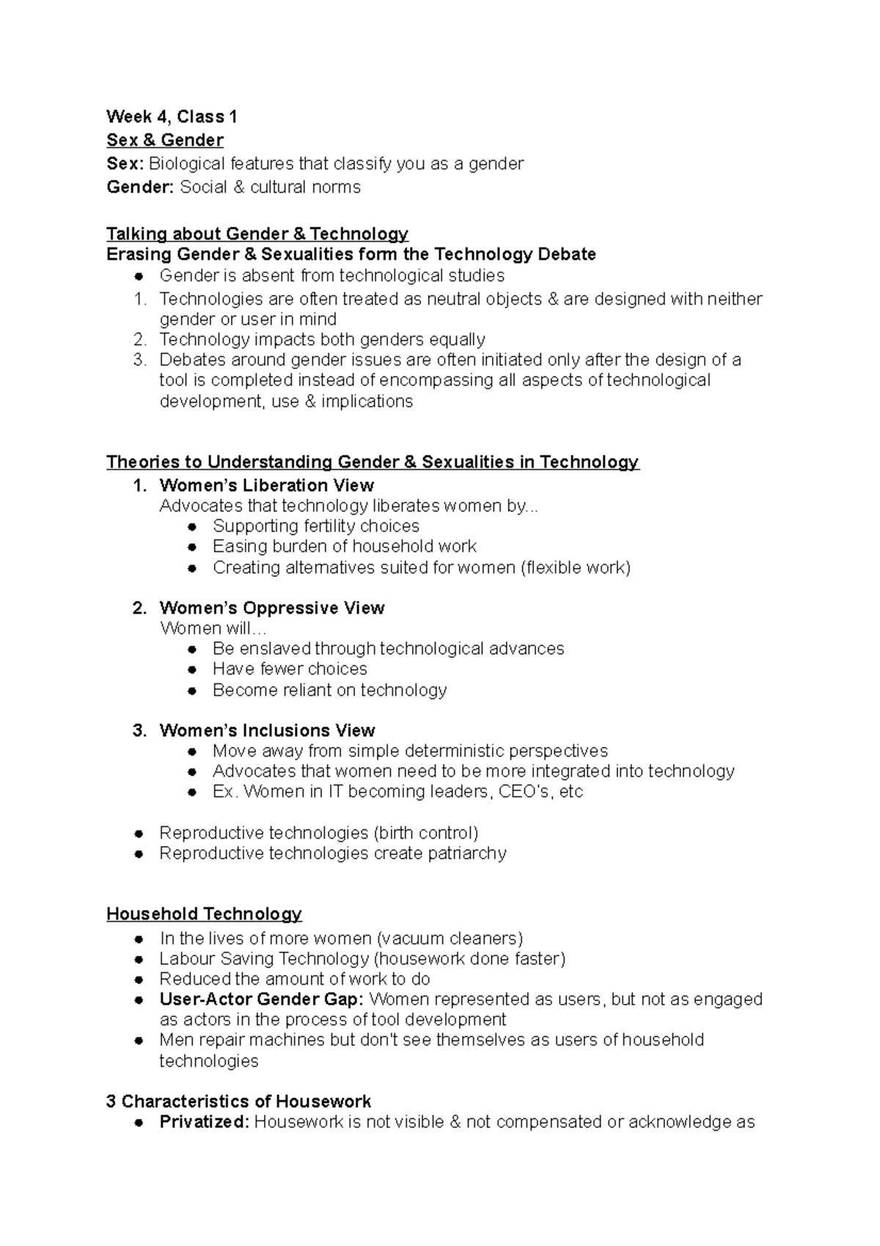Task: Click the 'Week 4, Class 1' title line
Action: [x=172, y=117]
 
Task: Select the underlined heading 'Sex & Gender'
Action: [x=165, y=140]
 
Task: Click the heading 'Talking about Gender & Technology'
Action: [x=257, y=234]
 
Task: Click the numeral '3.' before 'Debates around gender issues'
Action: [x=141, y=360]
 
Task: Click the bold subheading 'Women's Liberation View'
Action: [x=266, y=486]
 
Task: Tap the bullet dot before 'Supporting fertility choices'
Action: [x=192, y=527]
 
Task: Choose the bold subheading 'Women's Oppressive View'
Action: [x=271, y=608]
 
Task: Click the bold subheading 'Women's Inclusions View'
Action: [x=267, y=731]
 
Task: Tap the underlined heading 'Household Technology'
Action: [x=204, y=914]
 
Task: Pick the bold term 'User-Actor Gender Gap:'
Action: [x=261, y=999]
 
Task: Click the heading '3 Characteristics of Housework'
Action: [x=238, y=1102]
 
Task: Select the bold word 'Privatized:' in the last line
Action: [x=205, y=1123]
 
